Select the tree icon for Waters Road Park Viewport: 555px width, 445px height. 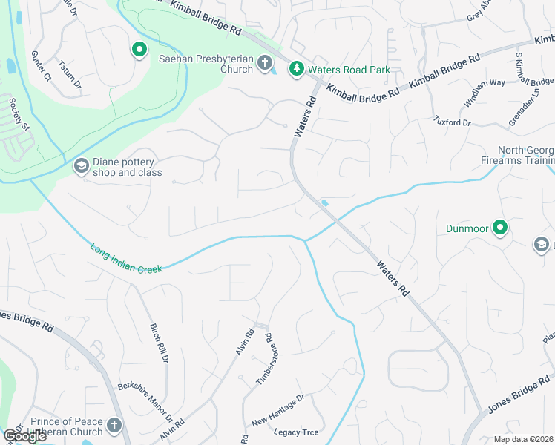pyautogui.click(x=296, y=69)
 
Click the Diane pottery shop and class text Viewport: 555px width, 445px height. pyautogui.click(x=127, y=168)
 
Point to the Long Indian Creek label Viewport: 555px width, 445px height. pyautogui.click(x=126, y=259)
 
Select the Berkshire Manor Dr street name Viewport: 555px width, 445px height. pyautogui.click(x=145, y=401)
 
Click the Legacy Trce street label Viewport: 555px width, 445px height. pyautogui.click(x=296, y=432)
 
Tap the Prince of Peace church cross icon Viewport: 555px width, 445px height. pyautogui.click(x=114, y=426)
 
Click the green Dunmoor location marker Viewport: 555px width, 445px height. pyautogui.click(x=501, y=228)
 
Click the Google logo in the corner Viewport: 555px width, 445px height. pyautogui.click(x=24, y=436)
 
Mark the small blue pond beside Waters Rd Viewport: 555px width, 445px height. pyautogui.click(x=326, y=203)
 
